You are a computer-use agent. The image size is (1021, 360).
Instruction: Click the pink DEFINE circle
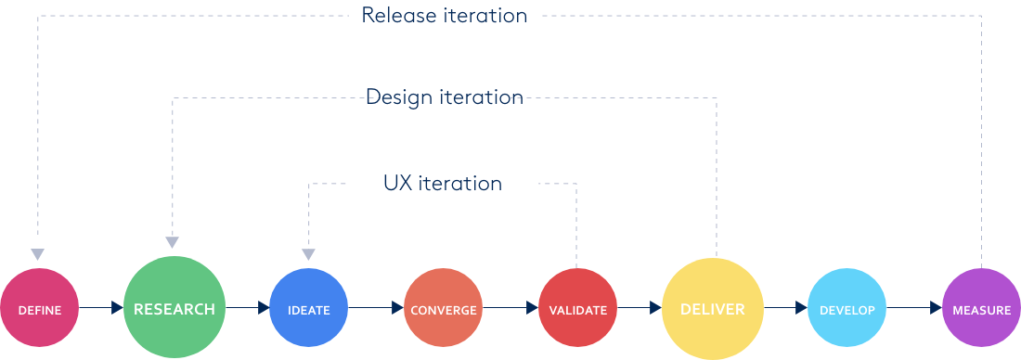tap(39, 309)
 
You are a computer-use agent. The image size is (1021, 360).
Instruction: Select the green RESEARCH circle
tap(174, 308)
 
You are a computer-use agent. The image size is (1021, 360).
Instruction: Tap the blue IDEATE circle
tap(308, 309)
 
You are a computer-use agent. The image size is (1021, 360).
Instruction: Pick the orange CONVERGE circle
tap(443, 309)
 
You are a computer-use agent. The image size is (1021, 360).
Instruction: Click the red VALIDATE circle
tap(577, 309)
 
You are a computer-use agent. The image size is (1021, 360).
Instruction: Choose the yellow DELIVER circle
tap(713, 308)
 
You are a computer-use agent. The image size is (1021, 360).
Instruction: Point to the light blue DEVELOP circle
tap(847, 309)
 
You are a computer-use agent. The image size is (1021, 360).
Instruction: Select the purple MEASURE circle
tap(981, 309)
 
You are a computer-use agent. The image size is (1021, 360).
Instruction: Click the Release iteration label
tap(444, 16)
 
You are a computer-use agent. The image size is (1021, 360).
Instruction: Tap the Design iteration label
tap(444, 96)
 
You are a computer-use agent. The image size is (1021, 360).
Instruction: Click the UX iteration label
tap(443, 184)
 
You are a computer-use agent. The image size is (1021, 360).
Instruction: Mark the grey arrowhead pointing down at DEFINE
tap(37, 254)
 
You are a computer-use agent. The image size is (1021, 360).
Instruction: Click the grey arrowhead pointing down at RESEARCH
tap(173, 241)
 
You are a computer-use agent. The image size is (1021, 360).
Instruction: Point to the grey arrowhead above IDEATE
tap(308, 254)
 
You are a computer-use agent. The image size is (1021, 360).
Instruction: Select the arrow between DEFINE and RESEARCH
tap(117, 308)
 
